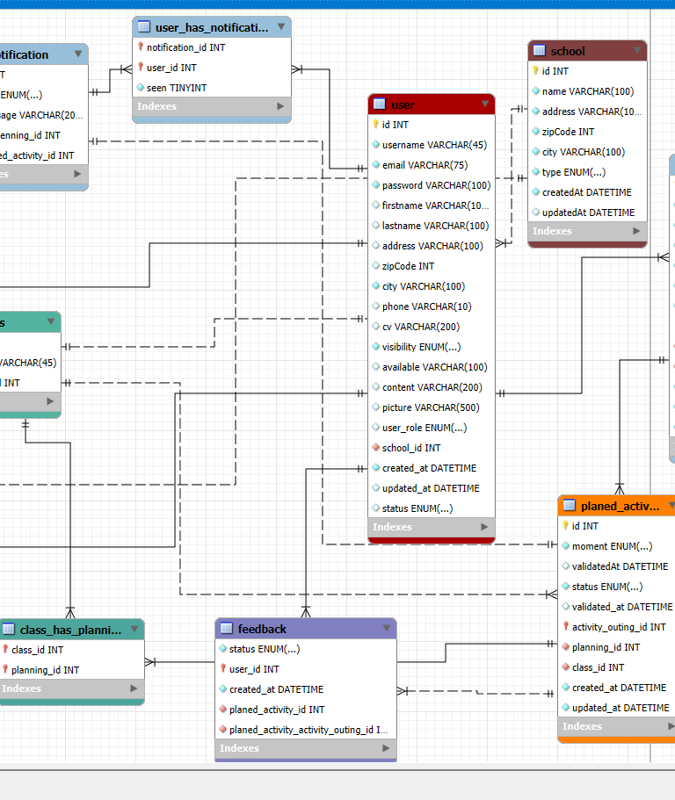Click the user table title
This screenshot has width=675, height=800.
click(403, 105)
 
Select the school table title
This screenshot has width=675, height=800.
click(568, 51)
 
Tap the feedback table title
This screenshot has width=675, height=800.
click(262, 629)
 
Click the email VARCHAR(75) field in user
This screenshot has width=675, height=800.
click(425, 165)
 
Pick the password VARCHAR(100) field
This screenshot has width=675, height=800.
click(436, 185)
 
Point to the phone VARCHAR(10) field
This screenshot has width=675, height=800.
click(426, 306)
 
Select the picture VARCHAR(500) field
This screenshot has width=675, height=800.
click(431, 407)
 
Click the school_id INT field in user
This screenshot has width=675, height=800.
click(411, 448)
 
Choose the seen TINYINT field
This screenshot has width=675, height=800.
click(177, 88)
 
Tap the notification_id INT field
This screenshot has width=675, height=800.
click(185, 47)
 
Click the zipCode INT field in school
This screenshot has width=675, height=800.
click(568, 132)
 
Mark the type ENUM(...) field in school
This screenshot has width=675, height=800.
click(573, 172)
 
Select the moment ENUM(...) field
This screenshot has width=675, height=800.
click(612, 546)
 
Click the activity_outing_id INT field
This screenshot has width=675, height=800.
click(619, 627)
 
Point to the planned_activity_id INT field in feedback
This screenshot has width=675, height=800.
click(277, 710)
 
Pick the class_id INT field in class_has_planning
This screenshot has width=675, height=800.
click(37, 650)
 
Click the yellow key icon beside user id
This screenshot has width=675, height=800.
click(375, 125)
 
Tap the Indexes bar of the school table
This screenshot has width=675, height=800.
click(587, 231)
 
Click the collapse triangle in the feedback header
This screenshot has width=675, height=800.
click(386, 629)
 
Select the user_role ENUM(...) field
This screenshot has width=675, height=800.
click(425, 428)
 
